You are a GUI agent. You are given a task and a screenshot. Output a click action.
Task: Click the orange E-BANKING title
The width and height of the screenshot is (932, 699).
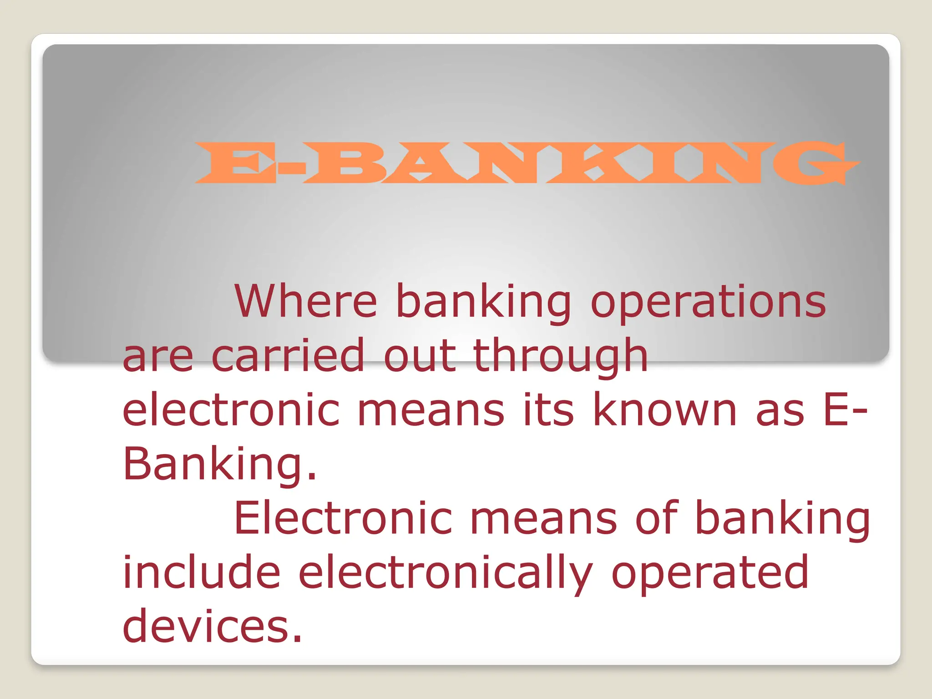point(527,162)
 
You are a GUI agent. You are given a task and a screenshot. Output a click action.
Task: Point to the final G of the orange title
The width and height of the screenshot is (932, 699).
point(815,162)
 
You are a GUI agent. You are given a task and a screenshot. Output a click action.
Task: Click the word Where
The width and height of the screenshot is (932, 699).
point(305,301)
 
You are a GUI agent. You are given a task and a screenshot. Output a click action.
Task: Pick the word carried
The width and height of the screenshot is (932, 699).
point(288,355)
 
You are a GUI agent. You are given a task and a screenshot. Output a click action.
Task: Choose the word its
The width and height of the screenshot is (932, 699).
point(548,410)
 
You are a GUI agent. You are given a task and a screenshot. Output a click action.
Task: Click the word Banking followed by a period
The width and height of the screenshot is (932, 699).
point(219,464)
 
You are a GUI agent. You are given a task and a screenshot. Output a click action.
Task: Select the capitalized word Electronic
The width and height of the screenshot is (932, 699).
point(343,518)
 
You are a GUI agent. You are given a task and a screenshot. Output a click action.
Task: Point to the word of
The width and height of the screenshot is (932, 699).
point(656,518)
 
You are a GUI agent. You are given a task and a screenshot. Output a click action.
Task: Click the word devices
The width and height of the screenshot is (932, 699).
point(212,627)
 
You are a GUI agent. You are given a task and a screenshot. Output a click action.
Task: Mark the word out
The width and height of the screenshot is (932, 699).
point(419,356)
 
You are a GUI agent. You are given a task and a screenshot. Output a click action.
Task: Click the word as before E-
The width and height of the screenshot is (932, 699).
point(780,411)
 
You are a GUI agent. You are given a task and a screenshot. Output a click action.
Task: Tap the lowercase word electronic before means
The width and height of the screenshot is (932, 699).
point(231,410)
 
